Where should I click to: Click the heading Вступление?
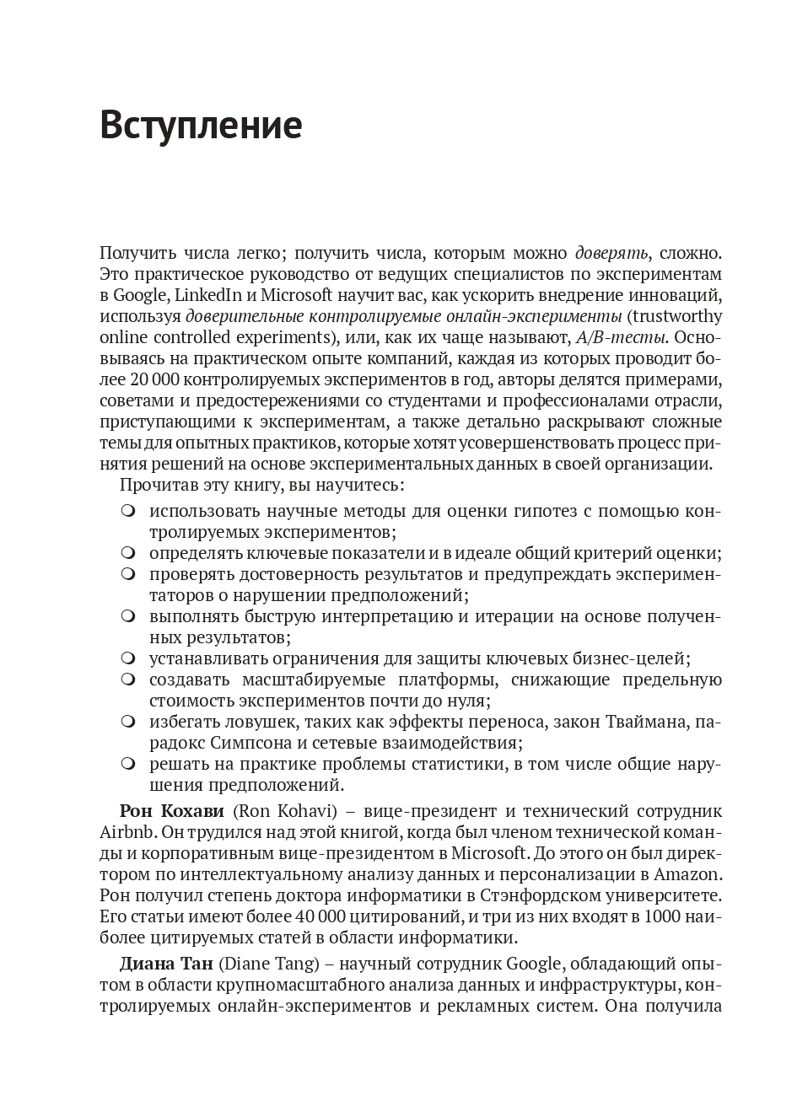click(201, 126)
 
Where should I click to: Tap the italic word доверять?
click(611, 253)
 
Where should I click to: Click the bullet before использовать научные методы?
click(127, 511)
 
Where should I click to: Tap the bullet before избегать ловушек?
click(127, 722)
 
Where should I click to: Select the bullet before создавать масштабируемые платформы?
click(127, 680)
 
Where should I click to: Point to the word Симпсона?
click(246, 743)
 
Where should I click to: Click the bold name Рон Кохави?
click(172, 811)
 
